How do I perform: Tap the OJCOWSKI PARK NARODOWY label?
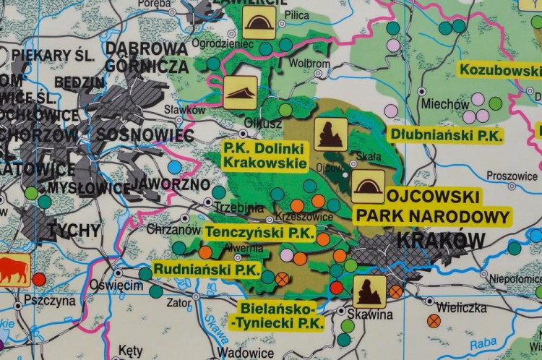(x=433, y=206)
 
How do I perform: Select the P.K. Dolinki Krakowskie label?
(x=265, y=155)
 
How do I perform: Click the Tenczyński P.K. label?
(x=260, y=233)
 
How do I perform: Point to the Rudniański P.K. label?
(x=207, y=270)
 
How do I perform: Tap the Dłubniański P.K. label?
(x=445, y=134)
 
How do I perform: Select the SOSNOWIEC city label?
(x=145, y=135)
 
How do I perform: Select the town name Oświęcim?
(x=116, y=286)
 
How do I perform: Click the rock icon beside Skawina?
(x=369, y=291)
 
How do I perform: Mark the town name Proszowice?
(x=512, y=176)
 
